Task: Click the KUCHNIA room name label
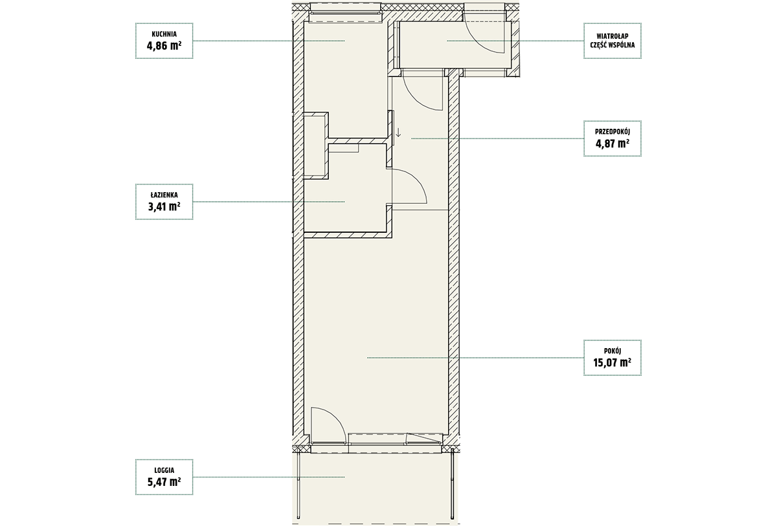point(164,34)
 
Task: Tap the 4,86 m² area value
point(164,46)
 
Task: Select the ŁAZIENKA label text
point(164,195)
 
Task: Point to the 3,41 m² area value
point(164,207)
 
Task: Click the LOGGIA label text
point(164,470)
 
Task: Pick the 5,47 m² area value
point(164,482)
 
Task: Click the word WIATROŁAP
point(613,36)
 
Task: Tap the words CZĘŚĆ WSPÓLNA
point(613,45)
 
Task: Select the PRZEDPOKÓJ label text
point(613,132)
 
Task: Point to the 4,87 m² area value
point(613,144)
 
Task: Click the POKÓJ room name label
point(613,351)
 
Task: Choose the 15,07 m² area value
point(613,363)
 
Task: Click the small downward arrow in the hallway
point(398,132)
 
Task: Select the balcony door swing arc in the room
point(335,417)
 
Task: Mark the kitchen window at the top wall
point(346,13)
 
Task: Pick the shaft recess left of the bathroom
point(315,146)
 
